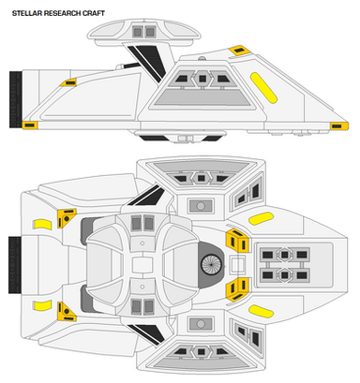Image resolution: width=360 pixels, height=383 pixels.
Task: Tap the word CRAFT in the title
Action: pyautogui.click(x=94, y=13)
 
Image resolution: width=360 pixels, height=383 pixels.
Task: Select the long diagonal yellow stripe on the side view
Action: pyautogui.click(x=263, y=88)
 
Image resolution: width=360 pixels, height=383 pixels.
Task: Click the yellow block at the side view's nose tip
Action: pyautogui.click(x=339, y=126)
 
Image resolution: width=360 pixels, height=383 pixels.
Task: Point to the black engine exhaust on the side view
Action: pyautogui.click(x=15, y=99)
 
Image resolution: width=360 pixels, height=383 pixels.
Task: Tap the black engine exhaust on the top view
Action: pyautogui.click(x=14, y=265)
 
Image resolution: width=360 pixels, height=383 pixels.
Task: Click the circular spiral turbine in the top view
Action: pyautogui.click(x=211, y=265)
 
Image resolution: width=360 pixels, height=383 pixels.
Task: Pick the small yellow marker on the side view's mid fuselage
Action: pyautogui.click(x=69, y=82)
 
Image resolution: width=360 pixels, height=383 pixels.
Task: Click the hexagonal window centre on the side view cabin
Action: pyautogui.click(x=202, y=79)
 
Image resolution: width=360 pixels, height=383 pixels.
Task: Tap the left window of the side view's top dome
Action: pyautogui.click(x=138, y=32)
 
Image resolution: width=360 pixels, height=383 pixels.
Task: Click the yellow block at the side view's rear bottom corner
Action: pyautogui.click(x=30, y=125)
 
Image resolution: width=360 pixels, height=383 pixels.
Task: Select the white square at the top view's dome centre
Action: pyautogui.click(x=142, y=265)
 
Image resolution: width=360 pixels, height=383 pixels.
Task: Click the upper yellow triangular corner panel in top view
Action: pyautogui.click(x=66, y=218)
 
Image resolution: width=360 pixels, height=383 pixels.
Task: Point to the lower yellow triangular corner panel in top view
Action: pyautogui.click(x=66, y=312)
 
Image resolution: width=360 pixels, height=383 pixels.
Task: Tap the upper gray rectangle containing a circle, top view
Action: pyautogui.click(x=201, y=206)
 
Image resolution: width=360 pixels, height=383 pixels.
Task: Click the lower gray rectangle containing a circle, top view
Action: pyautogui.click(x=201, y=324)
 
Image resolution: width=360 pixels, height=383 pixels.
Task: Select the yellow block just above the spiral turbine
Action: pyautogui.click(x=238, y=241)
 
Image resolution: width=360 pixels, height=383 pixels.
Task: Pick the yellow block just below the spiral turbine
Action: pyautogui.click(x=238, y=289)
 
